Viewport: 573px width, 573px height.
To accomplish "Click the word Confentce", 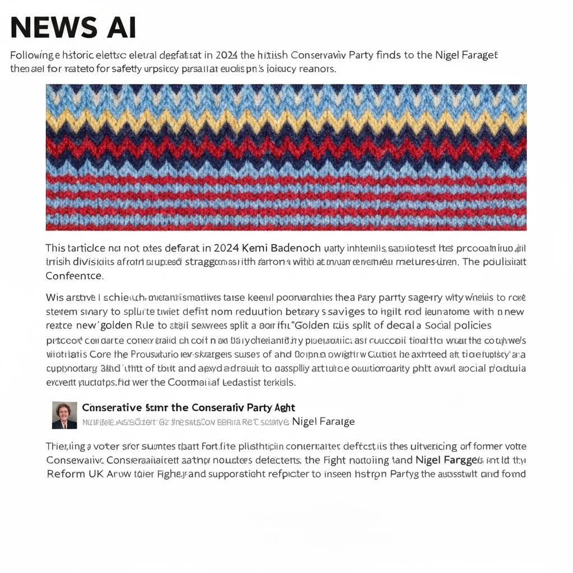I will click(74, 276).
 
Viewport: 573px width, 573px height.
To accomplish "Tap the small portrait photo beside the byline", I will click(64, 415).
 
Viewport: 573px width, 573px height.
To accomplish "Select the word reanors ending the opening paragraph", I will click(317, 69).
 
